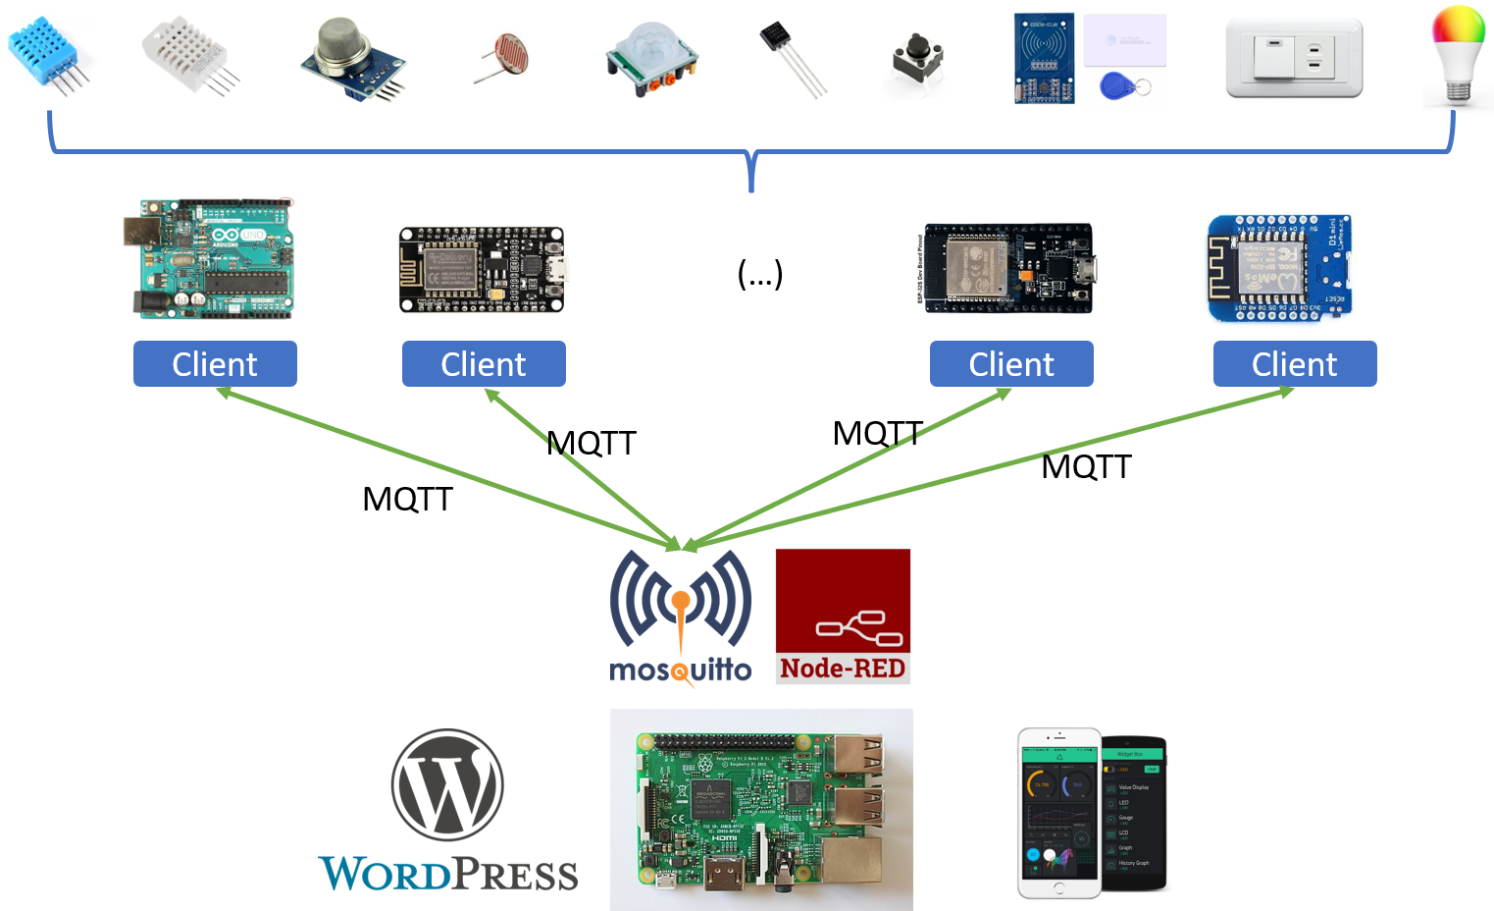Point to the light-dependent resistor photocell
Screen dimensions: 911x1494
tap(502, 58)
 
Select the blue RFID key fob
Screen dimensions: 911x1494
tap(1118, 87)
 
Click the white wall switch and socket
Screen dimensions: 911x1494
tap(1294, 57)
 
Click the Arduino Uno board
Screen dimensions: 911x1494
tap(208, 259)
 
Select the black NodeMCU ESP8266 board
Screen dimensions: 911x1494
tap(483, 270)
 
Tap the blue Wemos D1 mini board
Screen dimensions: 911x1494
tap(1278, 270)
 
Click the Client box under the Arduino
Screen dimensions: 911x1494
tap(215, 364)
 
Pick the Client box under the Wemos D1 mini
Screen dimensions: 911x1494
tap(1294, 364)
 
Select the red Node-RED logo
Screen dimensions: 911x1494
tap(843, 616)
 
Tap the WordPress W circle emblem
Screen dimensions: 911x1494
tap(447, 784)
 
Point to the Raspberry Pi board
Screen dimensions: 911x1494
tap(761, 810)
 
